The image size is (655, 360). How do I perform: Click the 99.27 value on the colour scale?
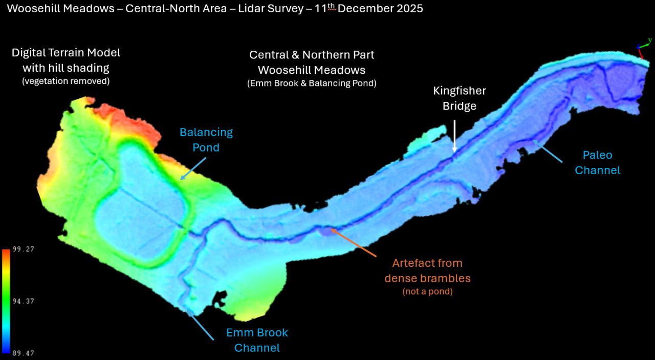pos(24,249)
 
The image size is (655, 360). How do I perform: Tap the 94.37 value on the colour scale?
pos(24,301)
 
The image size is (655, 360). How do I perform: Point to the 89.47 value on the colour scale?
pos(24,353)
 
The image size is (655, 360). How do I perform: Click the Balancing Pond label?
pos(206,140)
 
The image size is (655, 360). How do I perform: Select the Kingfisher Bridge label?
pos(459,98)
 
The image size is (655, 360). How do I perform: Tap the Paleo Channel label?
pos(597,162)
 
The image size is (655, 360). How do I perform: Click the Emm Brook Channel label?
pos(257,340)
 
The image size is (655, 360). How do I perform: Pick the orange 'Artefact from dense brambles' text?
pos(427,270)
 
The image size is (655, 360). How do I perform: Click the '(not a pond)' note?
pos(427,292)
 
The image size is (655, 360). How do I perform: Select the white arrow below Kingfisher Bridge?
pos(454,136)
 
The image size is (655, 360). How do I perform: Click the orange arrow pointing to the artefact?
pos(354,243)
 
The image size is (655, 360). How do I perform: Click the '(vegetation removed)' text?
pos(65,81)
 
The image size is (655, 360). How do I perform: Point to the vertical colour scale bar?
pos(6,301)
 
